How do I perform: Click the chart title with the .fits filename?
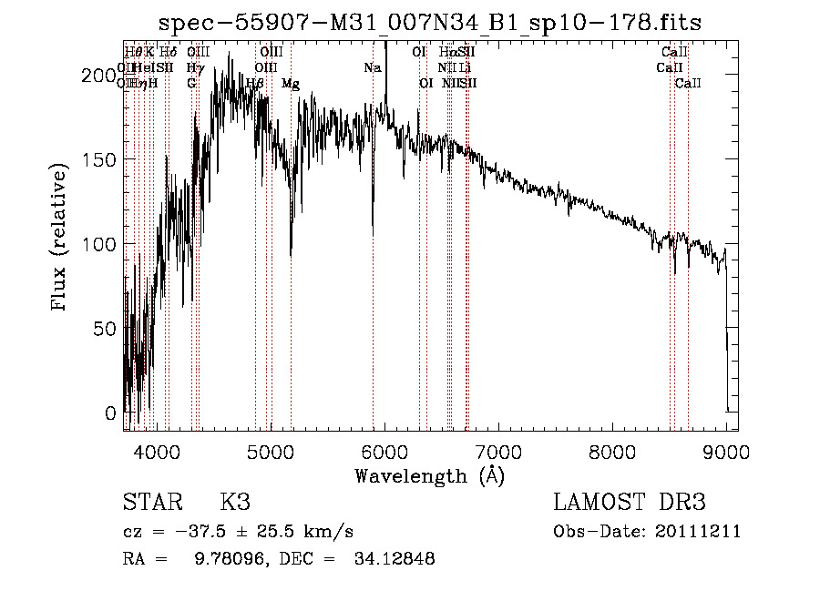pyautogui.click(x=430, y=23)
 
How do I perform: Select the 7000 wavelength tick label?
pyautogui.click(x=498, y=451)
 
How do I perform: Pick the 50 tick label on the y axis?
pyautogui.click(x=107, y=328)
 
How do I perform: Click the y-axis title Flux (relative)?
pyautogui.click(x=61, y=239)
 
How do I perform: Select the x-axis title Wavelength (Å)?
pyautogui.click(x=429, y=475)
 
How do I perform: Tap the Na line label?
pyautogui.click(x=372, y=67)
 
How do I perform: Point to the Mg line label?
pyautogui.click(x=291, y=83)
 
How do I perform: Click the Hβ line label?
pyautogui.click(x=255, y=83)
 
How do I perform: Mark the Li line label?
pyautogui.click(x=465, y=67)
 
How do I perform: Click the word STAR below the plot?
pyautogui.click(x=147, y=503)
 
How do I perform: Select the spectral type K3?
pyautogui.click(x=235, y=503)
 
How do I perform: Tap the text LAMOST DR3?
pyautogui.click(x=630, y=503)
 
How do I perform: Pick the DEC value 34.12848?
pyautogui.click(x=394, y=559)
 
